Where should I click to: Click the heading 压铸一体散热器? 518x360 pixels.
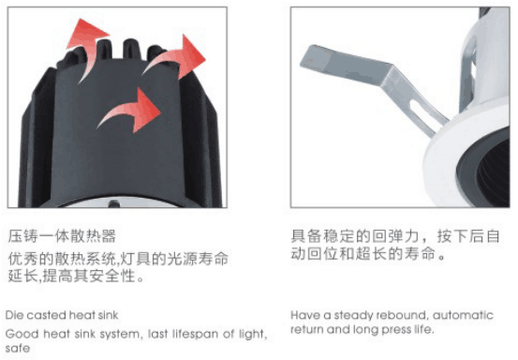click(62, 236)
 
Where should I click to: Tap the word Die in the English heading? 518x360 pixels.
click(13, 315)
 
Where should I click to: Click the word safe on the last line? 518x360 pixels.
click(18, 349)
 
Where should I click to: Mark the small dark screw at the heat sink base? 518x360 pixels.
click(114, 204)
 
